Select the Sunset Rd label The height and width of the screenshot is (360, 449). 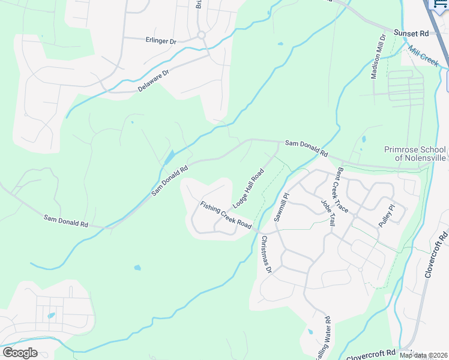pyautogui.click(x=410, y=34)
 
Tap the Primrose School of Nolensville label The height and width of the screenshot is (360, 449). pyautogui.click(x=415, y=154)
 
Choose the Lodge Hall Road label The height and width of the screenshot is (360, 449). pyautogui.click(x=249, y=188)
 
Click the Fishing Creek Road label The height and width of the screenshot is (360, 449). pyautogui.click(x=226, y=215)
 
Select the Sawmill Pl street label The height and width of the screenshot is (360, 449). pyautogui.click(x=281, y=208)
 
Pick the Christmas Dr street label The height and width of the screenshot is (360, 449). pyautogui.click(x=267, y=254)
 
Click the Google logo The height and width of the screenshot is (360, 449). pyautogui.click(x=20, y=353)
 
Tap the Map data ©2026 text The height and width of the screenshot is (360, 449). pyautogui.click(x=423, y=355)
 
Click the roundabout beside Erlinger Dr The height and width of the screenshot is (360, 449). pyautogui.click(x=201, y=35)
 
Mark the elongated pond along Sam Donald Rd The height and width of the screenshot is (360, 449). pyautogui.click(x=169, y=158)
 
